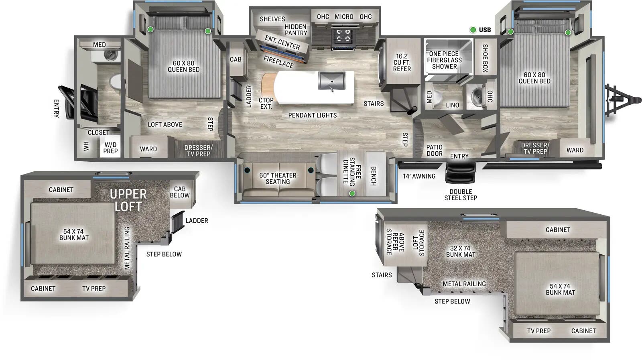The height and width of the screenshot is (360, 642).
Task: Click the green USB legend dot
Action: (x=473, y=30)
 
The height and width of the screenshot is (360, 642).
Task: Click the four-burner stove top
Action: (x=343, y=35)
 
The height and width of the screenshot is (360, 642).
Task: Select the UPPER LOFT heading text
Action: (x=128, y=200)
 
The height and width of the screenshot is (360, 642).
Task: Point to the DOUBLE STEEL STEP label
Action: (x=460, y=195)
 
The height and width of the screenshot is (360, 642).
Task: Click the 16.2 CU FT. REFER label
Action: (x=402, y=63)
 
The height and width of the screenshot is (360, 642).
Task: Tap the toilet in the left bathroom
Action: (x=115, y=81)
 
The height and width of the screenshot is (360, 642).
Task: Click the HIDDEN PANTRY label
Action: (x=296, y=30)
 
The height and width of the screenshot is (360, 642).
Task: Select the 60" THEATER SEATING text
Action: (x=278, y=179)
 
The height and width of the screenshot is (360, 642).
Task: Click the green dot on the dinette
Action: (x=352, y=193)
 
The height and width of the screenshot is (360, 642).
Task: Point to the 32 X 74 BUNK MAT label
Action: (x=460, y=252)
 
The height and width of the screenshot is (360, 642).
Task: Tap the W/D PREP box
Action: (x=110, y=148)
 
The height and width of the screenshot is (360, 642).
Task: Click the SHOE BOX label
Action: (x=485, y=58)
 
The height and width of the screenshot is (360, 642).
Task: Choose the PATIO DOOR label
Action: (x=434, y=151)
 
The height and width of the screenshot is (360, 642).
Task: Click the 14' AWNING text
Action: (x=419, y=176)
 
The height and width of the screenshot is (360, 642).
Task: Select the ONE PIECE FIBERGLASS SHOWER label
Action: (x=444, y=60)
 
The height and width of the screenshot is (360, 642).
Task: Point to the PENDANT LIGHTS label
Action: (x=312, y=115)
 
